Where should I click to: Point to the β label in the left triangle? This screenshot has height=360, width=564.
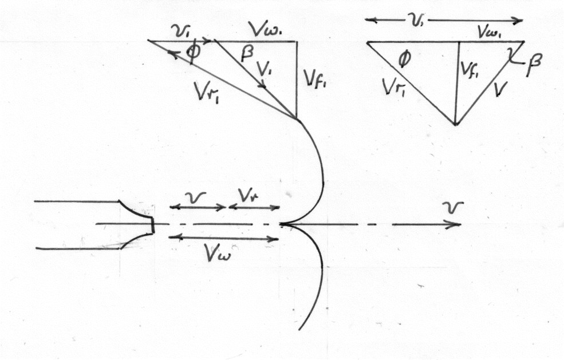click(247, 54)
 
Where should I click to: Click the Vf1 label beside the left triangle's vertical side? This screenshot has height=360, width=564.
click(317, 81)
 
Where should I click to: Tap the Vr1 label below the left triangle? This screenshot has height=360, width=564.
click(207, 92)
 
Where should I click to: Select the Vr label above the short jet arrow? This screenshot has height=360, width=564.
click(247, 195)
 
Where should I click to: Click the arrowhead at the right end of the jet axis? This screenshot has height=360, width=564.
click(455, 225)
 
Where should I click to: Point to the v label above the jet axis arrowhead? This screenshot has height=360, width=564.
click(452, 208)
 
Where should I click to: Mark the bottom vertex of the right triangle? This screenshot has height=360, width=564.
click(455, 124)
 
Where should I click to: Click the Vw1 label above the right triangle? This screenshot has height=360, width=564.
click(492, 33)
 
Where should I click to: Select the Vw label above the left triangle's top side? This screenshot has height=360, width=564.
click(266, 30)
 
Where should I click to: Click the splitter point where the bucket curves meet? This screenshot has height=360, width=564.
click(281, 224)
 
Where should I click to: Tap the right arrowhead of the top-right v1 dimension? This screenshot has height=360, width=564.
click(518, 21)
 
